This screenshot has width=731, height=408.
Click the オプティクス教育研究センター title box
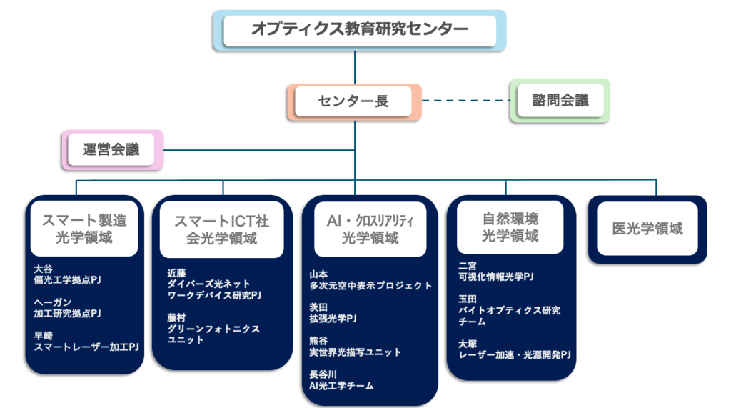pyautogui.click(x=360, y=30)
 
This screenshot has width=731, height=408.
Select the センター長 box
pyautogui.click(x=353, y=101)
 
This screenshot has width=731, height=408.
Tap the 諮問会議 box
pyautogui.click(x=560, y=101)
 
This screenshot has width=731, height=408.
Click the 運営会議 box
pyautogui.click(x=111, y=150)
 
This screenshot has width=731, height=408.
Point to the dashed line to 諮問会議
pyautogui.click(x=464, y=101)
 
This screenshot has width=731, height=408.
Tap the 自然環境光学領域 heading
pyautogui.click(x=510, y=227)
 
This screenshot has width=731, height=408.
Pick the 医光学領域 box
pyautogui.click(x=647, y=229)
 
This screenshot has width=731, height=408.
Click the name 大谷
pyautogui.click(x=44, y=269)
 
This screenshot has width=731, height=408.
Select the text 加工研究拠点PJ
pyautogui.click(x=68, y=313)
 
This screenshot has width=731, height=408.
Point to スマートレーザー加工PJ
pyautogui.click(x=86, y=347)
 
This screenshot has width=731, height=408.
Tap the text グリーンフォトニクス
pyautogui.click(x=213, y=329)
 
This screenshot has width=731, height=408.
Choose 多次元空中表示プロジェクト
pyautogui.click(x=370, y=285)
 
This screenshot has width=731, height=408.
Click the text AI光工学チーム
pyautogui.click(x=341, y=386)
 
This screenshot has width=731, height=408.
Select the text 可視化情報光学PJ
pyautogui.click(x=496, y=277)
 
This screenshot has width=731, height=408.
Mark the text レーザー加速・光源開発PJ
pyautogui.click(x=515, y=354)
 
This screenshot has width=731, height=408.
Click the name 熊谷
pyautogui.click(x=318, y=340)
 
